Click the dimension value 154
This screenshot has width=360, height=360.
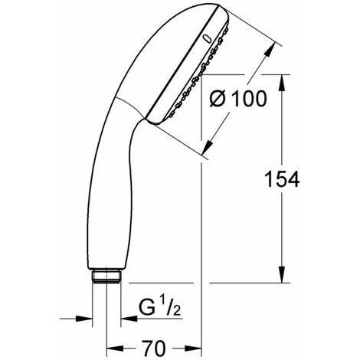[x=282, y=179]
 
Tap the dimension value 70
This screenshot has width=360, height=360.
[x=154, y=349]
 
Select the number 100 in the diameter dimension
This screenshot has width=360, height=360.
[x=250, y=99]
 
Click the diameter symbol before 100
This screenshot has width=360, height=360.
[x=218, y=99]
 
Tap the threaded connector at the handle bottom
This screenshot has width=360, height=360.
[x=106, y=276]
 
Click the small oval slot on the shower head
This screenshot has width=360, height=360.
[x=207, y=39]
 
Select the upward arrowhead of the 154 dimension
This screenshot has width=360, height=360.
[x=282, y=83]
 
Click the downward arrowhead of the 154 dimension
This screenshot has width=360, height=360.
[x=282, y=274]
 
